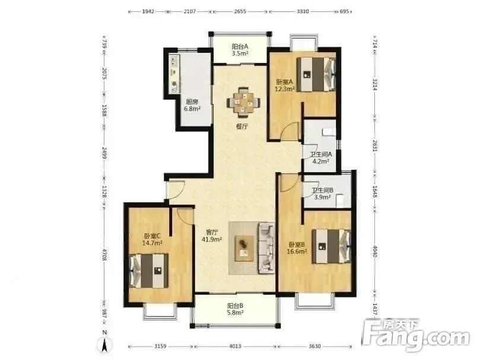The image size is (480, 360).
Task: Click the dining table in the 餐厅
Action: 244,103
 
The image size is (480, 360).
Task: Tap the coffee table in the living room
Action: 244,249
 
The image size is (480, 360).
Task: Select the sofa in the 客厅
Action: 266,248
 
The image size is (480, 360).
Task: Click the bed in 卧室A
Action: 316,74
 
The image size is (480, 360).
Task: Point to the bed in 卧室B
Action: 331,247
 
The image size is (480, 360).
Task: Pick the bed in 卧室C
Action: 149,270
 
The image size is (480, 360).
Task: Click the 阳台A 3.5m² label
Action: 240,50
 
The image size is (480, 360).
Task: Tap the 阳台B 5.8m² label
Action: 235,309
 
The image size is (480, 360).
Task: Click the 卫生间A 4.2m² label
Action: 320,158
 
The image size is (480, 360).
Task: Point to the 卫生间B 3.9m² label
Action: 322,194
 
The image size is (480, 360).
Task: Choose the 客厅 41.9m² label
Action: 212,235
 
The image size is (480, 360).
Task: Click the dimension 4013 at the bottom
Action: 235,346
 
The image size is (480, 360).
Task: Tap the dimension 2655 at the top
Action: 240,12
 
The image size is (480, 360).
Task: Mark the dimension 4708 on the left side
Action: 104,254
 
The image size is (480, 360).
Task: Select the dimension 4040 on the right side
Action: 375,251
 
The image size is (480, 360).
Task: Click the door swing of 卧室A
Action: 290,131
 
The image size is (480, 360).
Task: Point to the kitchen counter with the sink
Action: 174,74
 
